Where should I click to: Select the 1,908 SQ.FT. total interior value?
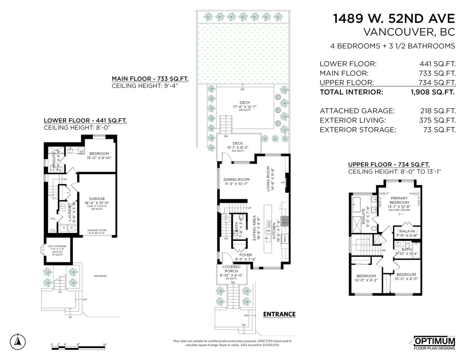coord(433,92)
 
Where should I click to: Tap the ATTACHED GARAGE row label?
coord(357,111)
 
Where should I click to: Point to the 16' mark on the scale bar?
coord(105,344)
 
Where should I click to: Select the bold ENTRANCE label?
coord(279,314)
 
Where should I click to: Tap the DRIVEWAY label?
coord(100,276)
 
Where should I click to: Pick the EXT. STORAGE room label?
coord(57,246)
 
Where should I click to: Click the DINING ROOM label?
coord(236,179)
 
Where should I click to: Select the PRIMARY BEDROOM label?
coord(400,200)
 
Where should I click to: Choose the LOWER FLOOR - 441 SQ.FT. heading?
coord(85,120)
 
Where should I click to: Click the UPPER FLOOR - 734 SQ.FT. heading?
coord(389,164)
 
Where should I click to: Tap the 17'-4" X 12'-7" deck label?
coord(245,106)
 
